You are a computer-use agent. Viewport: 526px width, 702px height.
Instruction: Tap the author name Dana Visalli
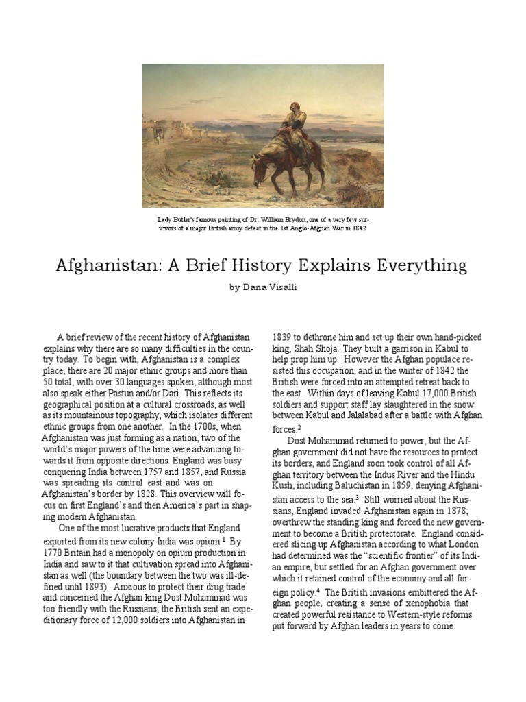coord(263,289)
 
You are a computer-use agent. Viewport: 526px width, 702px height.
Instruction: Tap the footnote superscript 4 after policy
coord(318,589)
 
